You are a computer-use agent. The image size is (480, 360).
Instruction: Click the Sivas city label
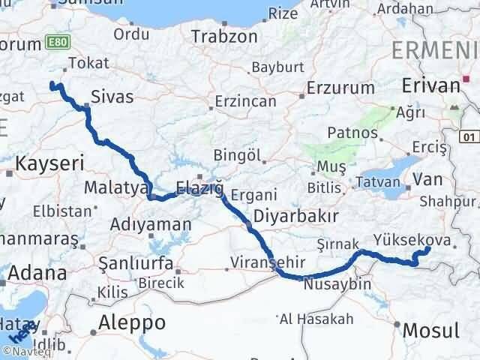pos(112,97)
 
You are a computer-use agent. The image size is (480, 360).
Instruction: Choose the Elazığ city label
pos(199,187)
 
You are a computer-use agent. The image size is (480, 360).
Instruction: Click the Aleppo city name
pos(133,323)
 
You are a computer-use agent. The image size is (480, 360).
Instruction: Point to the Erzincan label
pos(246,101)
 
